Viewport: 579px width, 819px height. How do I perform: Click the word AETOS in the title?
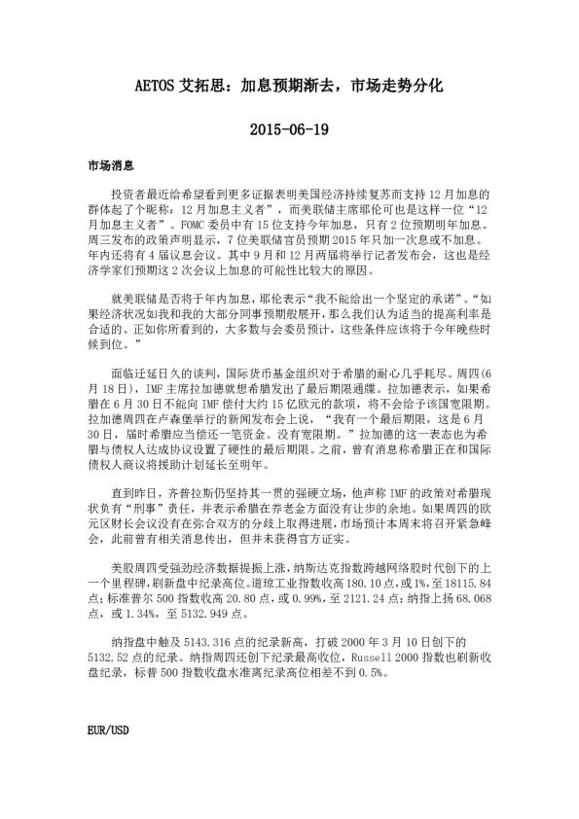[156, 87]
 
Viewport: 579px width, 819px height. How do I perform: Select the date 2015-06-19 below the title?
[289, 128]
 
